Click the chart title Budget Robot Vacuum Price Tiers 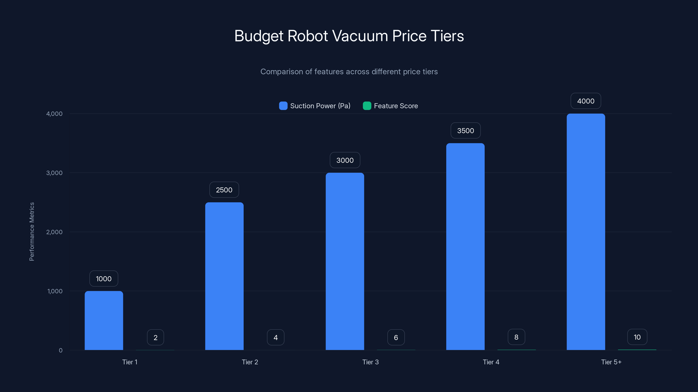coord(349,36)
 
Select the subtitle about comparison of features coord(349,72)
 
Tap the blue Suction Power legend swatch coord(283,106)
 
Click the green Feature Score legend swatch coord(367,106)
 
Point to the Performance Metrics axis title coord(32,231)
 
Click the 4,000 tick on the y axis coord(54,114)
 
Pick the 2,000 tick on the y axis coord(54,232)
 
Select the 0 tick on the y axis coord(61,350)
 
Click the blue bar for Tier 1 coord(104,321)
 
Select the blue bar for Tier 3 coord(345,261)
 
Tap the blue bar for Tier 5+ coord(586,232)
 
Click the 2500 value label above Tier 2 coord(224,190)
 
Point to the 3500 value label coord(465,131)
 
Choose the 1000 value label coord(104,279)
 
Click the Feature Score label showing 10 coord(637,337)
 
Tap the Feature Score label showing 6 coord(396,337)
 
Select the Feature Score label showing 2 coord(156,337)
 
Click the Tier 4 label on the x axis coord(491,362)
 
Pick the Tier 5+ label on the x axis coord(611,362)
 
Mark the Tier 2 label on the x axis coord(250,362)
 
